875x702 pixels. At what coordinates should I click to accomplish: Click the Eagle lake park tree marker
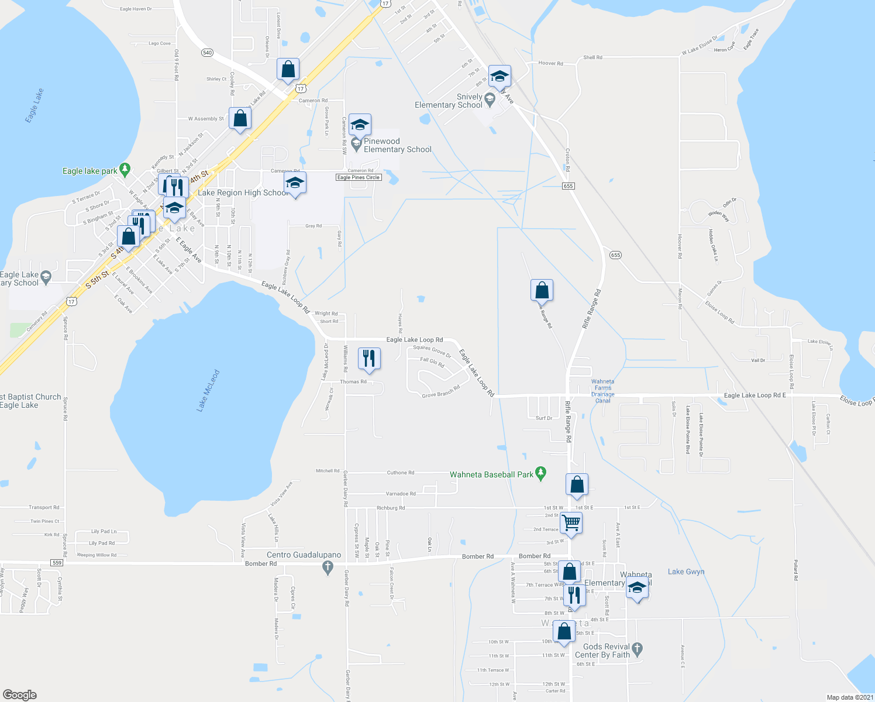click(x=124, y=170)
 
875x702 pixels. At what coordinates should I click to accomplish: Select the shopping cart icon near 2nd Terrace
click(x=570, y=522)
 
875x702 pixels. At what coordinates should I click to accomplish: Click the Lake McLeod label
click(x=208, y=391)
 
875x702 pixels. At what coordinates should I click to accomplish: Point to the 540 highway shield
click(x=207, y=53)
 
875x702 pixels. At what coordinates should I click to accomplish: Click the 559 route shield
click(x=57, y=563)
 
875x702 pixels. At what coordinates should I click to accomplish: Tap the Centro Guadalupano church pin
click(x=328, y=566)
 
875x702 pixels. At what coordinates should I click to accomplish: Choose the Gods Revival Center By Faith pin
click(x=638, y=648)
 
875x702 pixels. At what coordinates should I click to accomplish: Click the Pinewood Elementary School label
click(x=397, y=145)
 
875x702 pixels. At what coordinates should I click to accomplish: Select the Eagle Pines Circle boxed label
click(x=359, y=177)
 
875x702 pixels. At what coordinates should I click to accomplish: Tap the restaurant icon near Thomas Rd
click(x=368, y=357)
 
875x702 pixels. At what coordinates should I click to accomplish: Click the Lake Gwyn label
click(x=686, y=572)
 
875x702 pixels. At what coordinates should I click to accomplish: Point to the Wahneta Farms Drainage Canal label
click(x=602, y=391)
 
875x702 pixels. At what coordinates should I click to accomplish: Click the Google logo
click(x=20, y=694)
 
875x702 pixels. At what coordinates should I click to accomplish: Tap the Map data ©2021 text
click(x=850, y=697)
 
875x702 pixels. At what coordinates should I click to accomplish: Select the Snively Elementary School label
click(x=449, y=101)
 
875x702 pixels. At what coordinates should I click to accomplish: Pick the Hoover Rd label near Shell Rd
click(x=550, y=63)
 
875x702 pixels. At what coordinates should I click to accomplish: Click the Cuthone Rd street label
click(x=401, y=473)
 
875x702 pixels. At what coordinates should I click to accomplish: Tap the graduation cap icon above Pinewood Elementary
click(x=360, y=125)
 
